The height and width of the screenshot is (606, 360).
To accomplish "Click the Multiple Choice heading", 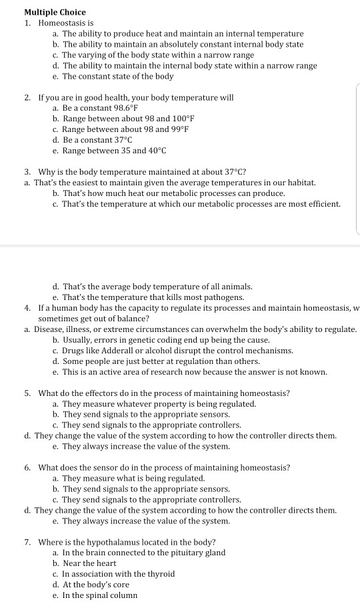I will (x=55, y=13).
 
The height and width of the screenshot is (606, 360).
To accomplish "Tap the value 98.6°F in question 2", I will (x=119, y=108).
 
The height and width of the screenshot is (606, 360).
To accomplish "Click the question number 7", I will (x=27, y=541).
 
